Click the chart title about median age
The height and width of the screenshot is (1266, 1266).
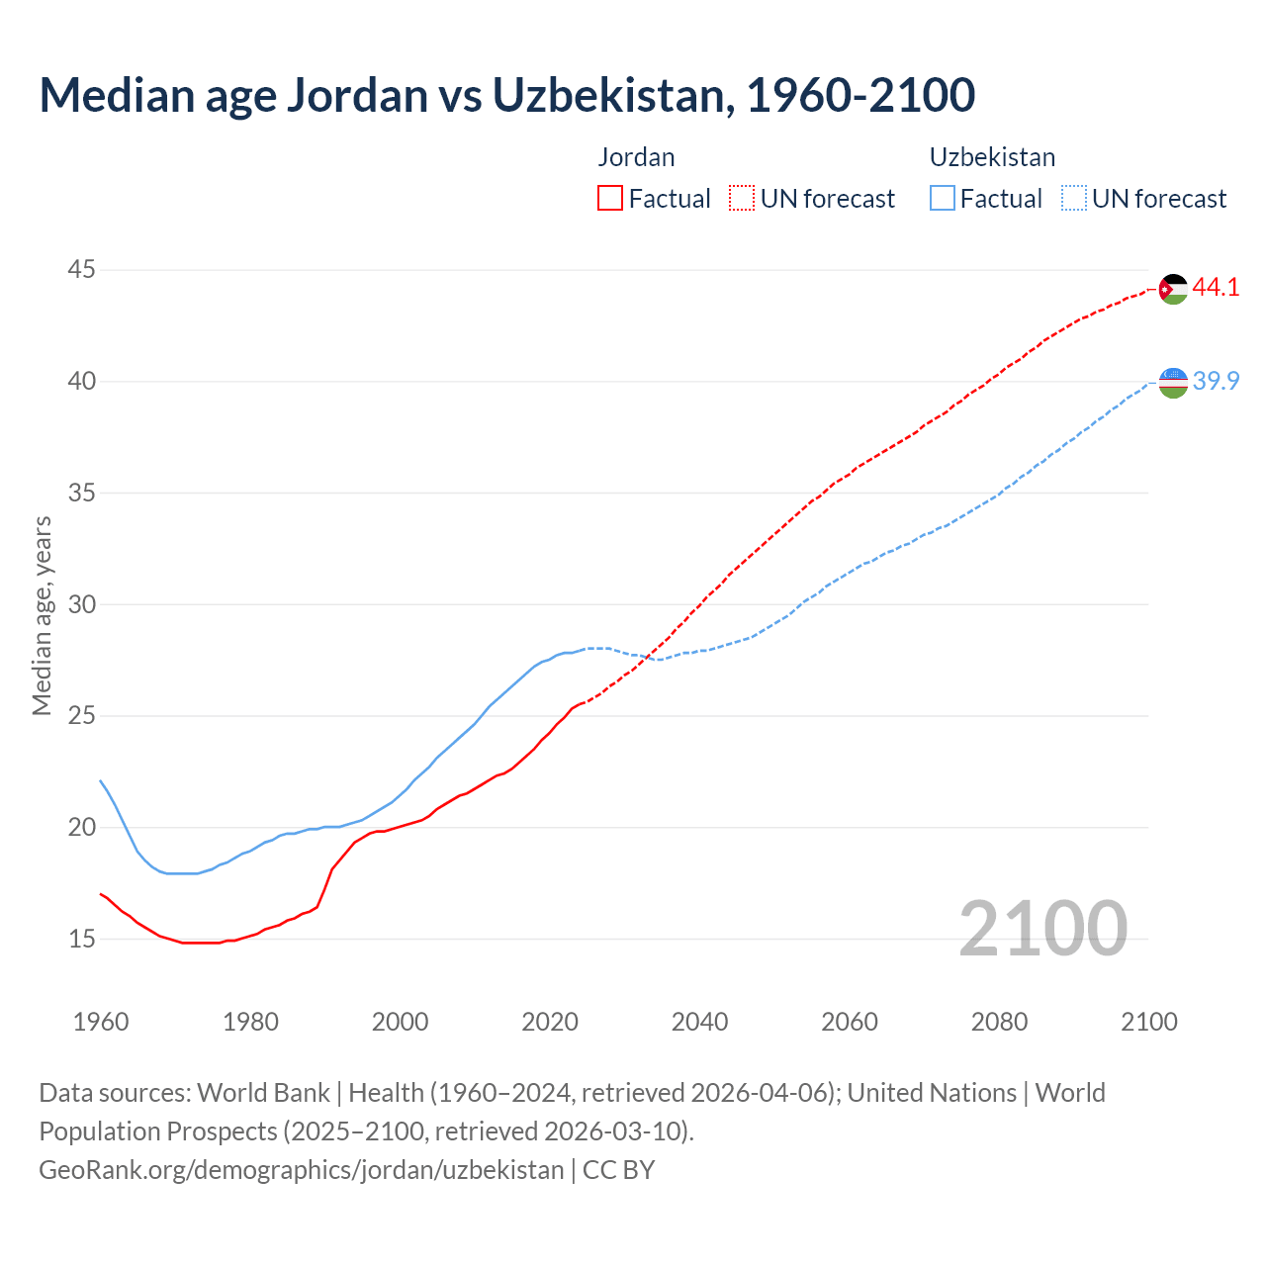(x=507, y=95)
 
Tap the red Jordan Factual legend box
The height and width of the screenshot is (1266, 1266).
(x=610, y=198)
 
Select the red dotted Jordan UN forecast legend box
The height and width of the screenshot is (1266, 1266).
(x=742, y=198)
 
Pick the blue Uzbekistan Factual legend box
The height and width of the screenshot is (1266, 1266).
(x=943, y=198)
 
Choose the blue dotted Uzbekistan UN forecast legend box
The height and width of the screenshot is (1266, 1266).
(x=1074, y=198)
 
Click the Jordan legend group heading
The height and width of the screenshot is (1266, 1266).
(x=636, y=157)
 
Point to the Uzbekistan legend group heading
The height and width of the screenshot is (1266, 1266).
(x=992, y=157)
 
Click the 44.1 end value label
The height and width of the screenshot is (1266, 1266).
(x=1216, y=288)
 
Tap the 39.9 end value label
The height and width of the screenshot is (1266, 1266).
(x=1216, y=381)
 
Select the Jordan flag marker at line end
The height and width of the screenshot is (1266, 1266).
(x=1173, y=289)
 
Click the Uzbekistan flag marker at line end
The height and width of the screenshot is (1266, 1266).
(x=1173, y=382)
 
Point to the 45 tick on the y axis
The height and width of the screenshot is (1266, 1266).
(x=82, y=270)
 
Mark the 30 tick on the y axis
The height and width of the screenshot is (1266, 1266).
(x=82, y=604)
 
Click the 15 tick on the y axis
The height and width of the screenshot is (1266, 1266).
(x=82, y=939)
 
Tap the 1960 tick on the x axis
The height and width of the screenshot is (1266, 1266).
(x=101, y=1022)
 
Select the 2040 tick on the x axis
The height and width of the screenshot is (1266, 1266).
(x=700, y=1022)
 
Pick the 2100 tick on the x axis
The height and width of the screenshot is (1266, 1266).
(x=1149, y=1022)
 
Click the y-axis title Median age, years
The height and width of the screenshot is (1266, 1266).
(x=42, y=615)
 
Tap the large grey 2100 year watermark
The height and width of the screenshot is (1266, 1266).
(x=1042, y=928)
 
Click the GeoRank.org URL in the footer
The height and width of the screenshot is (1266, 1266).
(x=302, y=1170)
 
